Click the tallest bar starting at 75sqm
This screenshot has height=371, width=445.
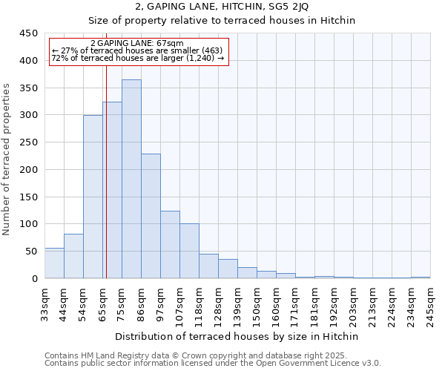click(x=131, y=179)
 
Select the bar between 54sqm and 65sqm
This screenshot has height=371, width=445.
click(x=93, y=197)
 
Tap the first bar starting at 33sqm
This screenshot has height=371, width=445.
click(x=54, y=263)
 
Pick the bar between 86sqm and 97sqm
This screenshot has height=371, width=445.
click(x=151, y=216)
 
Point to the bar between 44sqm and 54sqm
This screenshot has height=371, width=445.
click(x=73, y=256)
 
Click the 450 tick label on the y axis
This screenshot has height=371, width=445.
click(x=29, y=33)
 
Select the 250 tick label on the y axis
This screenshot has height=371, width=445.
click(x=29, y=142)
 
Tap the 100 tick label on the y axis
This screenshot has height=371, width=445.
click(x=29, y=224)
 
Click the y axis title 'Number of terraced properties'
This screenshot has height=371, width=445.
click(x=7, y=160)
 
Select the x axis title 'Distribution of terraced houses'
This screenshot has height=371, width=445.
click(x=237, y=336)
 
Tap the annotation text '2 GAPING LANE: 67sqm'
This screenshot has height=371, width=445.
click(x=136, y=44)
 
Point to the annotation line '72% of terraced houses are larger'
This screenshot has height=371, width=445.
click(x=138, y=58)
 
